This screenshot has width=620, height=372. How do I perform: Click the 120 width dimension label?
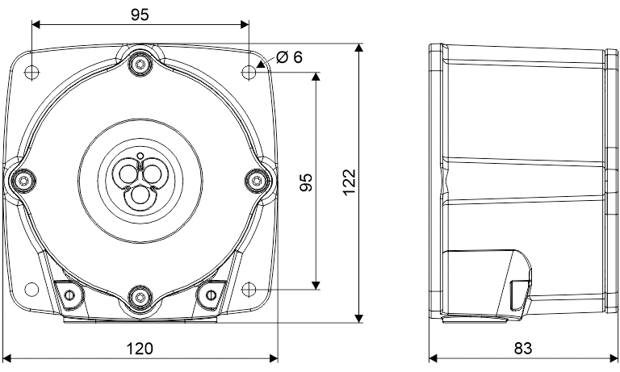click(x=139, y=349)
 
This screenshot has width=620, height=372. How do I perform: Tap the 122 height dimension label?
click(x=350, y=182)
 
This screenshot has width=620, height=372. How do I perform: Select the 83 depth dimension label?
click(x=523, y=349)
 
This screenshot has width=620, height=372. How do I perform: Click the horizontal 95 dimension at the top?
click(x=140, y=15)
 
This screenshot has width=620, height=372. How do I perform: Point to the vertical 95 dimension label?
click(x=306, y=182)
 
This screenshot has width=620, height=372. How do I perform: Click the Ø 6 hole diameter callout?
click(x=289, y=57)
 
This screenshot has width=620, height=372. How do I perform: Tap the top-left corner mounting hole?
click(x=32, y=72)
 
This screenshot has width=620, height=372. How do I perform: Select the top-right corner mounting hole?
click(x=249, y=72)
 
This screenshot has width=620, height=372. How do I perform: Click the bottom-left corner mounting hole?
click(x=32, y=289)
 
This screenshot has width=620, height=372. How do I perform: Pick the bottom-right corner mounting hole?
click(x=249, y=289)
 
